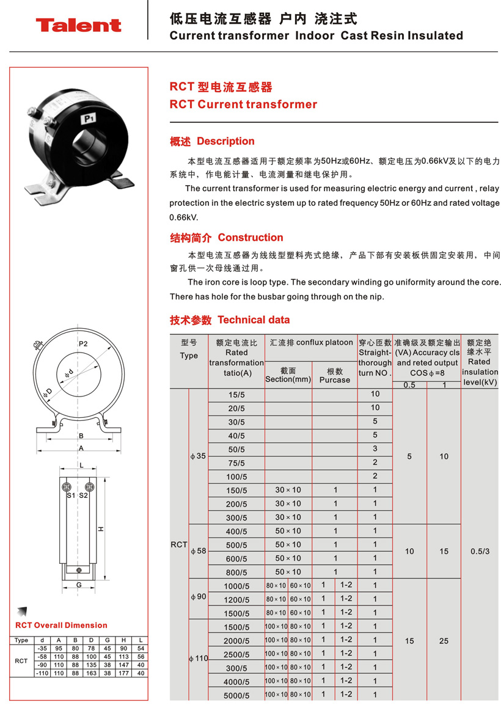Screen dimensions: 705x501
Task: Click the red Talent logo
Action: [78, 25]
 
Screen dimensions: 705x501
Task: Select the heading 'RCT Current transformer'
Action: [243, 104]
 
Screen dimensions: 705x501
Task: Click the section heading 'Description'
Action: [225, 141]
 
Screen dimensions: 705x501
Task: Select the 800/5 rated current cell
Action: [236, 572]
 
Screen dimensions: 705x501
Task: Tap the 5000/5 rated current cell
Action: [236, 695]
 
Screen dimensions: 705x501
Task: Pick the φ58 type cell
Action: [199, 551]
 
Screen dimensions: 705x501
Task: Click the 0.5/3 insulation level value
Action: [480, 551]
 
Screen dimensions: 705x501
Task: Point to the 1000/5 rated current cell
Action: [236, 586]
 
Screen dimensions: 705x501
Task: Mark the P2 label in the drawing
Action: [83, 344]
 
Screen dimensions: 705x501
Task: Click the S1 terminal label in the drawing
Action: [70, 495]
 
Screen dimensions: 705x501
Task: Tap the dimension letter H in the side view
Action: [101, 528]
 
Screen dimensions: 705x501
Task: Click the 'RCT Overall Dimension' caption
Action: [61, 625]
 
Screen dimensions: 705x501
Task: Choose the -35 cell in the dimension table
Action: [42, 648]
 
